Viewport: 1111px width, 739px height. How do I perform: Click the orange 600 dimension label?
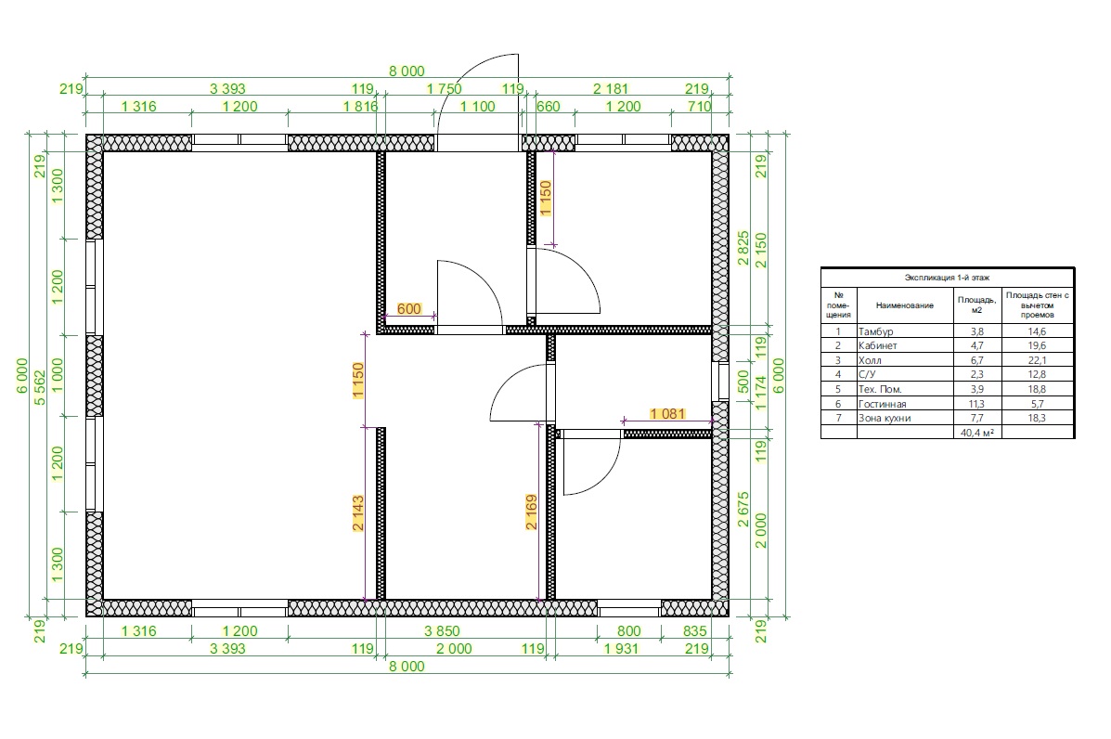pyautogui.click(x=408, y=309)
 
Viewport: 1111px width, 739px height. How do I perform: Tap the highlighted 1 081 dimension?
pyautogui.click(x=667, y=414)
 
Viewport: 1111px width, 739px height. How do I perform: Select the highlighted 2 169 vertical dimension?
pyautogui.click(x=532, y=512)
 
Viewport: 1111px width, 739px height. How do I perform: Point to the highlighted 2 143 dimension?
pyautogui.click(x=358, y=513)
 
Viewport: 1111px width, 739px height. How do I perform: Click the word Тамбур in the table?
pyautogui.click(x=876, y=331)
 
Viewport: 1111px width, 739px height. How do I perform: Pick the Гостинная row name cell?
pyautogui.click(x=882, y=404)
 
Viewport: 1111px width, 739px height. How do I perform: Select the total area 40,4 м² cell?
pyautogui.click(x=977, y=433)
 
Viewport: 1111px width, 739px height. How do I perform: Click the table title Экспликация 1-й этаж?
pyautogui.click(x=948, y=278)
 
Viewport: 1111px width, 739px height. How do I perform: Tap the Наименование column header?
pyautogui.click(x=905, y=305)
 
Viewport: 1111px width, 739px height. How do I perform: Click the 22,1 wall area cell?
pyautogui.click(x=1038, y=360)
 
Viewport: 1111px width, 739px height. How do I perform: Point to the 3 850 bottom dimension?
pyautogui.click(x=442, y=630)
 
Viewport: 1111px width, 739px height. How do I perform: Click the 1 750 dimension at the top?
pyautogui.click(x=445, y=88)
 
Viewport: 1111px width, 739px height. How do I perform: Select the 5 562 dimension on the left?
pyautogui.click(x=40, y=387)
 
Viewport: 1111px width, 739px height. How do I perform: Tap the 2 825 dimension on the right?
pyautogui.click(x=743, y=247)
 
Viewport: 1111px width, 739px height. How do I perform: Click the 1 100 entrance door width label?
pyautogui.click(x=478, y=106)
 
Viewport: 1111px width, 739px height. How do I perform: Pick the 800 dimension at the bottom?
pyautogui.click(x=628, y=630)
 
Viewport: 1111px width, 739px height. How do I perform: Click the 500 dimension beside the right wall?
pyautogui.click(x=743, y=382)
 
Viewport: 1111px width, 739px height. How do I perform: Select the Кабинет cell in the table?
pyautogui.click(x=877, y=345)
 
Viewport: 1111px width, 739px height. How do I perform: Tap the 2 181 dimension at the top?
pyautogui.click(x=611, y=88)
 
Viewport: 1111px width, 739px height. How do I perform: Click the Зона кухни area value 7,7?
pyautogui.click(x=977, y=418)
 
